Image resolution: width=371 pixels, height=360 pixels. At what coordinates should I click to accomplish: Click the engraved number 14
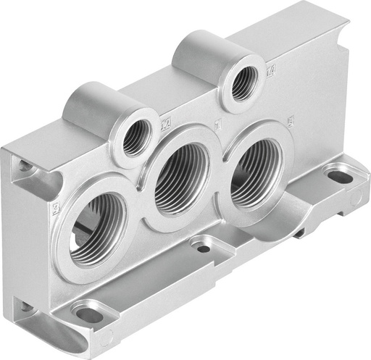(x=271, y=71)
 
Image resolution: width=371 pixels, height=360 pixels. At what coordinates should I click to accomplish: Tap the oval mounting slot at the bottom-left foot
(x=88, y=314)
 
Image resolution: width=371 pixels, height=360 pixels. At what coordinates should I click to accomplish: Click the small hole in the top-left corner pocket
(x=25, y=167)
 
